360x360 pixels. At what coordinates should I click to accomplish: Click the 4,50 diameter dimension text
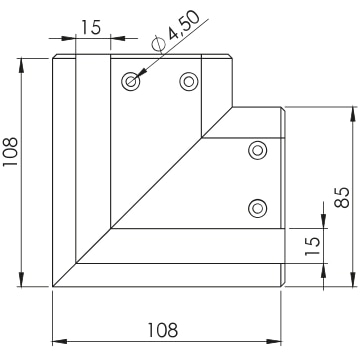(184, 25)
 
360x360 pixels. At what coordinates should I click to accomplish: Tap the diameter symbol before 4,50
(158, 44)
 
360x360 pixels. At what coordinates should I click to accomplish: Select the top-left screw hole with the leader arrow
(131, 81)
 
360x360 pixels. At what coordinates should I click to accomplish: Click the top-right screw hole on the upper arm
(189, 81)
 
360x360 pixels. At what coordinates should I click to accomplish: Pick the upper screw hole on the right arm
(257, 150)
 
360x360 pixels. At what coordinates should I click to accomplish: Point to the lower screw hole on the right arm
(257, 208)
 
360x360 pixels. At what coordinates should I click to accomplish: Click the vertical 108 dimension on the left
(10, 152)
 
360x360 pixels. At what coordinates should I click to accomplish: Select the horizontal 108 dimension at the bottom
(163, 330)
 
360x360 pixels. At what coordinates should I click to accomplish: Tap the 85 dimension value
(342, 197)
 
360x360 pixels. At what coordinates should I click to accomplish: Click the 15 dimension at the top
(91, 27)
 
